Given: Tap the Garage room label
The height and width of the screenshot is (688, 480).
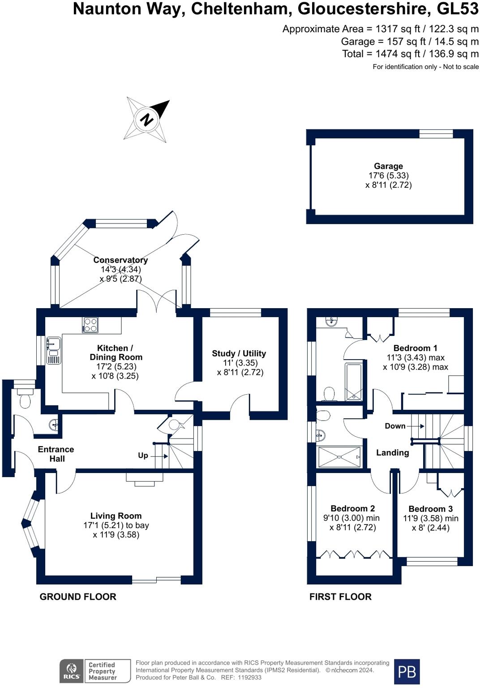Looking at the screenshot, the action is (388, 166).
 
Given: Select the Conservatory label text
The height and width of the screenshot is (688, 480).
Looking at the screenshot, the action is (120, 260).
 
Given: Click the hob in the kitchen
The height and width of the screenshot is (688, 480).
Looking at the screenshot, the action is (90, 325).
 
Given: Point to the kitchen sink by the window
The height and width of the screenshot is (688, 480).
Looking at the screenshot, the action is (54, 350).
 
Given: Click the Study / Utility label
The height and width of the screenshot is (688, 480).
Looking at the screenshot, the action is (239, 353).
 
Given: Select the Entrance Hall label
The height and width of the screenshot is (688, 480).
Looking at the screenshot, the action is (56, 454).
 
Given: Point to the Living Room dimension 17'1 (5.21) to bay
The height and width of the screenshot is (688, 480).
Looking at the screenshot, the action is (116, 525).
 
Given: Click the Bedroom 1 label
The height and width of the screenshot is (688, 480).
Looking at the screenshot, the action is (415, 348).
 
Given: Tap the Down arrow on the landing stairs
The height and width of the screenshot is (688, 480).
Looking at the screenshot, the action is (416, 426).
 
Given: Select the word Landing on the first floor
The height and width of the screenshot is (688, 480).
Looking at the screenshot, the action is (393, 453).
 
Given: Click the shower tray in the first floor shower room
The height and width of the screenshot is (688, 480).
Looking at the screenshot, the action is (339, 457).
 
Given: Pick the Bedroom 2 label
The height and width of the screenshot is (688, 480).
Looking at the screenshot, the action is (352, 509).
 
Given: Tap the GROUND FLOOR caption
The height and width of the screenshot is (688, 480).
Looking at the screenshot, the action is (78, 597).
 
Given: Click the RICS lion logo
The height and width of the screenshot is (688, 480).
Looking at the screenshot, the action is (72, 671).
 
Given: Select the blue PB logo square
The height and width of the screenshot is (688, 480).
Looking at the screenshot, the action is (407, 671).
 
